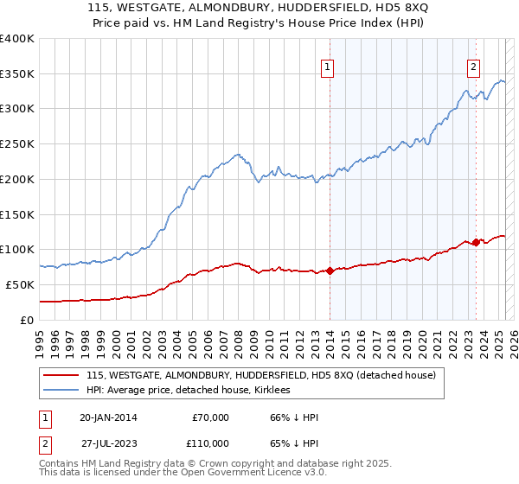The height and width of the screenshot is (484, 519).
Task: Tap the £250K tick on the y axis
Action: pos(16,144)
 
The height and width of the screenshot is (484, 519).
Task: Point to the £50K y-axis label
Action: pos(20,284)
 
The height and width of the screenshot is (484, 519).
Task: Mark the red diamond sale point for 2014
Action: pos(330,271)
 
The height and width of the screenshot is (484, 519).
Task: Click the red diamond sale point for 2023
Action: pos(476,243)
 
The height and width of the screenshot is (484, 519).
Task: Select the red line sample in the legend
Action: pos(61,375)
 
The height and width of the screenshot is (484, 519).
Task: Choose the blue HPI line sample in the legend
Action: pos(61,391)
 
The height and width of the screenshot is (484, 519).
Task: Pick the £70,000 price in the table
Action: pos(208,417)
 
